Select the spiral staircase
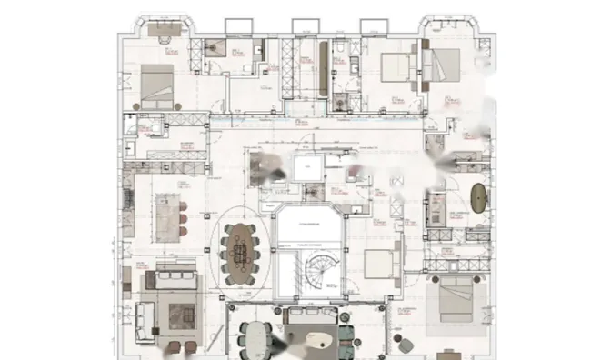tap(321, 269)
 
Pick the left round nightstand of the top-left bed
tap(137, 106)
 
